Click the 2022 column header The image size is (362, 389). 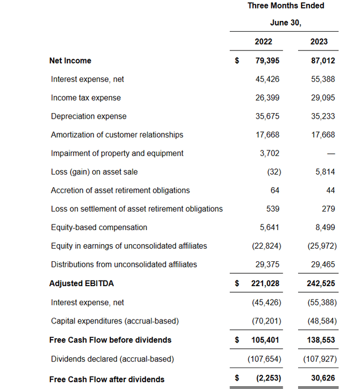(x=263, y=41)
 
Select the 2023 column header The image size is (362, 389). (x=319, y=41)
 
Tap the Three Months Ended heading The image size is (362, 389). (x=286, y=6)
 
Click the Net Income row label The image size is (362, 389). (x=70, y=60)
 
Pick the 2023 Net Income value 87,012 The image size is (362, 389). (x=322, y=60)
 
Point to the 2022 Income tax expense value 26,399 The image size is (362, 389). (x=268, y=98)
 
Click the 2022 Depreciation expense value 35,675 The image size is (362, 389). (x=268, y=116)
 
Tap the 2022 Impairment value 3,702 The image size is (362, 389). (x=270, y=153)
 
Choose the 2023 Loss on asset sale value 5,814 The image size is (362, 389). (x=325, y=172)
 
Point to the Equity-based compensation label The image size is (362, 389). (x=99, y=227)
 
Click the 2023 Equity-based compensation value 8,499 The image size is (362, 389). (x=325, y=227)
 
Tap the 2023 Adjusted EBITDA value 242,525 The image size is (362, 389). (x=321, y=283)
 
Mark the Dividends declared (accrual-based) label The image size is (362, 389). (x=112, y=358)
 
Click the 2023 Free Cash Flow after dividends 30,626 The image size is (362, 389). (x=322, y=379)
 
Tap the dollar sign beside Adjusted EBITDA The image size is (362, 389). (x=238, y=283)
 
